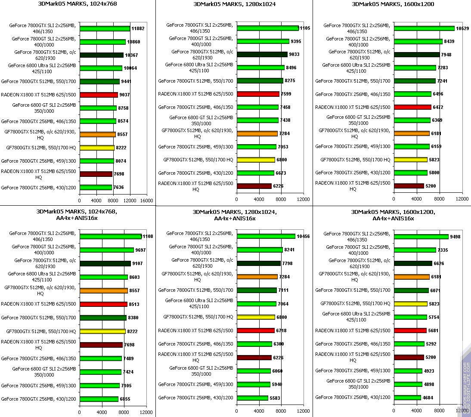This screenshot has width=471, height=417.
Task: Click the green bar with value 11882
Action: pos(105,29)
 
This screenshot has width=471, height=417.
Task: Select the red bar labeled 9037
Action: pos(99,95)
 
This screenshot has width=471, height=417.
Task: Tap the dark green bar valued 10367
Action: pos(101,55)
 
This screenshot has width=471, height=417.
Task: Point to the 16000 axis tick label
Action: pos(146,201)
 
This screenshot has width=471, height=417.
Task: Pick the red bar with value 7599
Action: pos(258,94)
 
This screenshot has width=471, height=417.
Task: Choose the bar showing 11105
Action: pos(267,28)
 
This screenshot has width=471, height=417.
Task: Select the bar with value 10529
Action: pos(424,28)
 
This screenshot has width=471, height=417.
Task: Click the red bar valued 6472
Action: pos(412,107)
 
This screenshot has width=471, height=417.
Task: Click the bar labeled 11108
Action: pos(111,236)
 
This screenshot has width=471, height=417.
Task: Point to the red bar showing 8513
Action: pos(103,304)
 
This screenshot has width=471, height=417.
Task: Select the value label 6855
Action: pos(125,399)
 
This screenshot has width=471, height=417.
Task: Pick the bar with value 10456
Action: pos(266,236)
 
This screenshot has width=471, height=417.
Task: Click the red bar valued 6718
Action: pos(256,331)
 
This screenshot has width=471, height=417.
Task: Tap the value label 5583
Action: pos(274,398)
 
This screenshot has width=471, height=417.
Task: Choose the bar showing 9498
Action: pos(421,236)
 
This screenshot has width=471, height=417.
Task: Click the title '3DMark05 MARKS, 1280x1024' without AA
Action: pos(235,4)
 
